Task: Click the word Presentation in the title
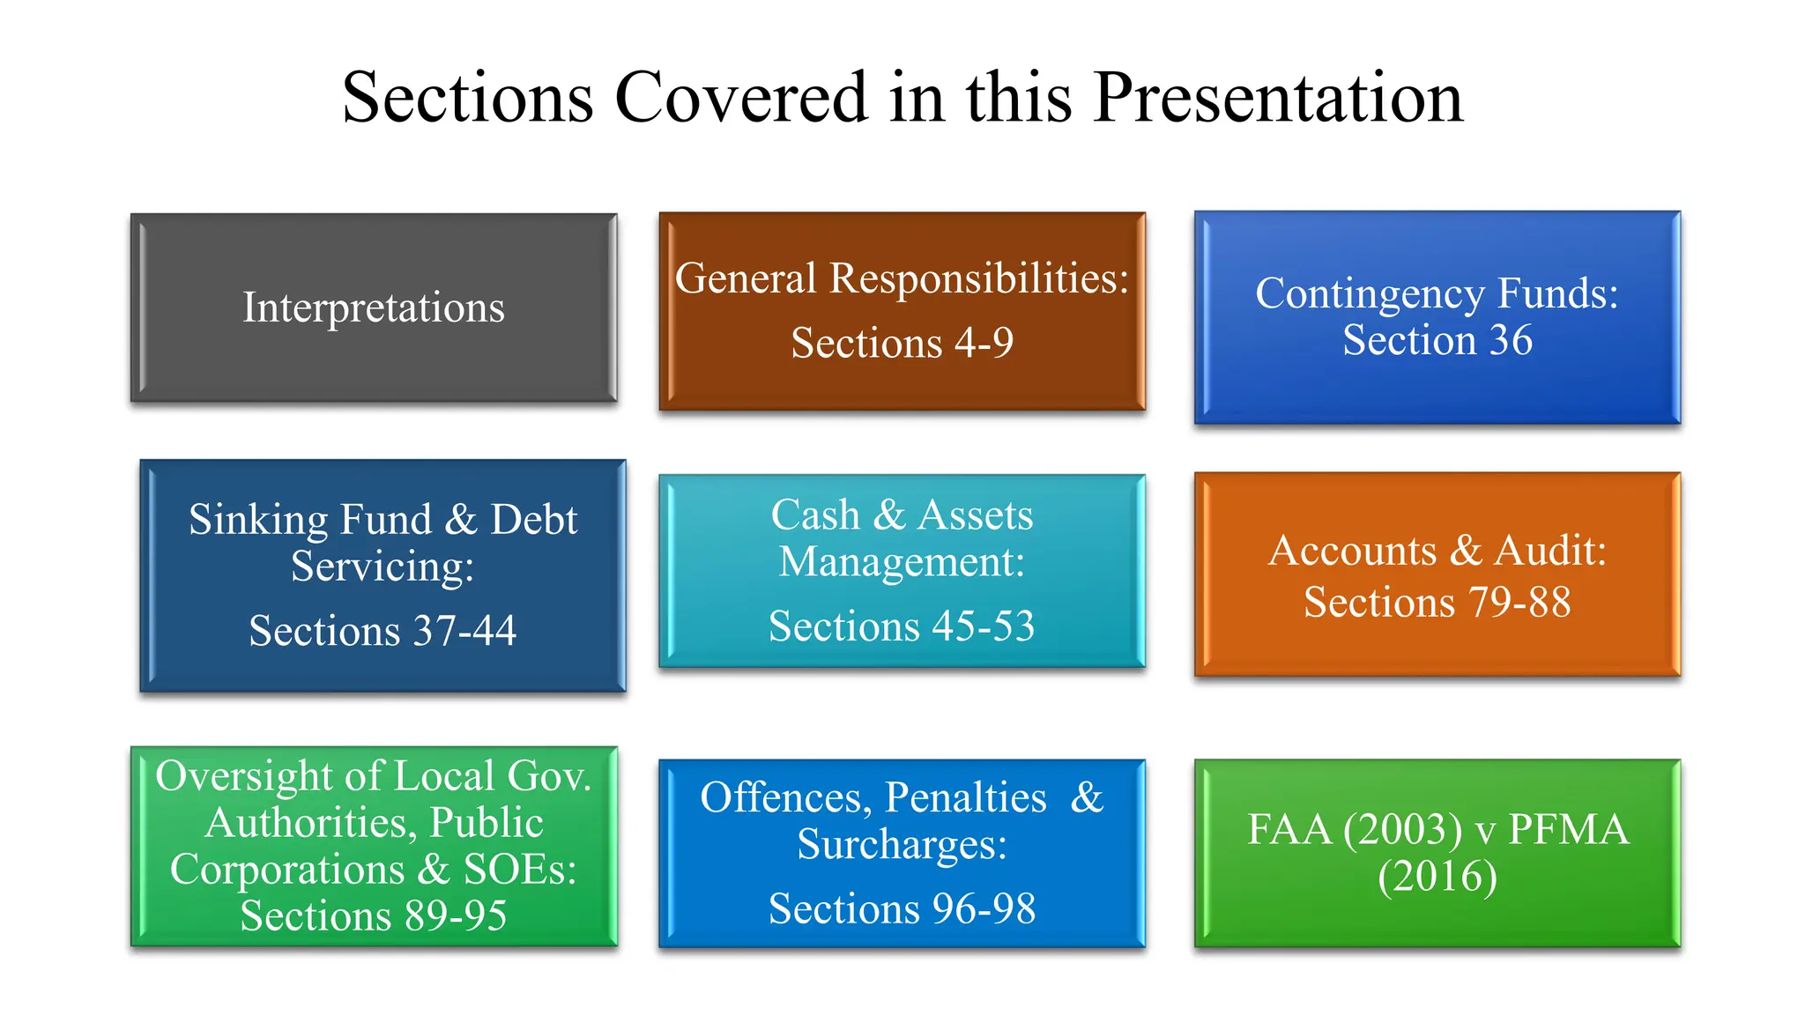pyautogui.click(x=1278, y=97)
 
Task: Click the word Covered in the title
pyautogui.click(x=741, y=97)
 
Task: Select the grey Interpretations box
pyautogui.click(x=374, y=307)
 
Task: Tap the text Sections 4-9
pyautogui.click(x=902, y=343)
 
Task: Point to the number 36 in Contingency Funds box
pyautogui.click(x=1511, y=340)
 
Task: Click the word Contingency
pyautogui.click(x=1369, y=293)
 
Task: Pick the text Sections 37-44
pyautogui.click(x=382, y=631)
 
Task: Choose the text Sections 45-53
pyautogui.click(x=902, y=626)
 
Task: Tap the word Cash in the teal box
pyautogui.click(x=815, y=515)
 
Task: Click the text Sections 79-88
pyautogui.click(x=1437, y=603)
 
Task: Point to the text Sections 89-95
pyautogui.click(x=374, y=916)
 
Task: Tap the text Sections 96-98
pyautogui.click(x=902, y=908)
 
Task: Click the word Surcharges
pyautogui.click(x=902, y=844)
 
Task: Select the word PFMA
pyautogui.click(x=1569, y=830)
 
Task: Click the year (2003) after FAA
pyautogui.click(x=1403, y=830)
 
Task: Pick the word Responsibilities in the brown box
pyautogui.click(x=978, y=278)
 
